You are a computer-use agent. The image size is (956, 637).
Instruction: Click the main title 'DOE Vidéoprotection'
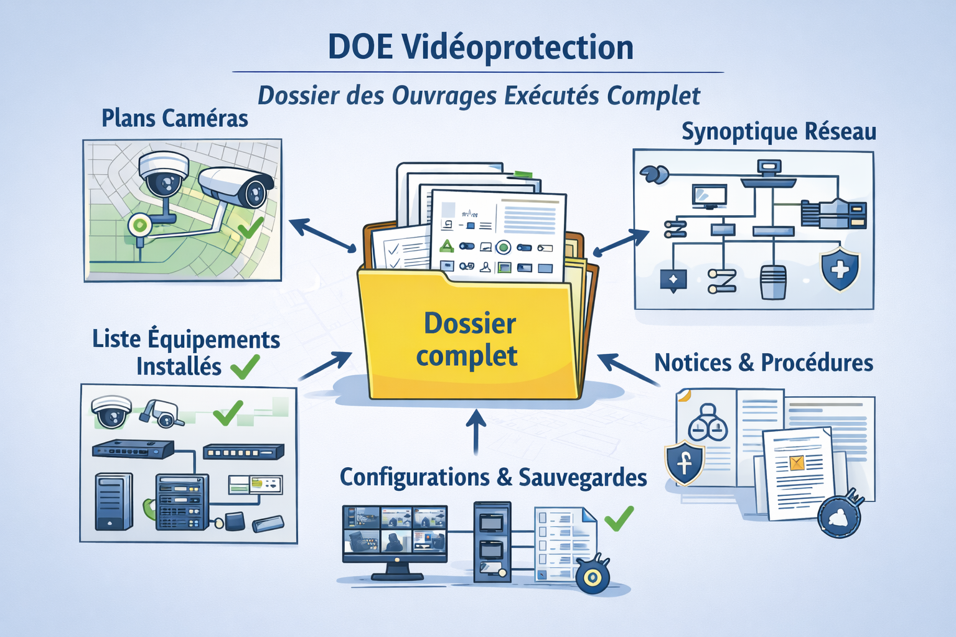coord(480,47)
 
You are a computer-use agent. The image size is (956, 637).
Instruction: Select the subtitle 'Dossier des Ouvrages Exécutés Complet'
coord(479,96)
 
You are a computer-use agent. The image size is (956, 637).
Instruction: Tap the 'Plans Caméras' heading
coord(175,118)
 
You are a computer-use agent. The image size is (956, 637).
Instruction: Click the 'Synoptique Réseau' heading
coord(779,132)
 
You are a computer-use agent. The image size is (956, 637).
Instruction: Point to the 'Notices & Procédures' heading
coord(764,363)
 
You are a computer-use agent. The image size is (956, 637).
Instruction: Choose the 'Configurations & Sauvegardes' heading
coord(493,478)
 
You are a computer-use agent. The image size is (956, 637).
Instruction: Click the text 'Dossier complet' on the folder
coord(469,340)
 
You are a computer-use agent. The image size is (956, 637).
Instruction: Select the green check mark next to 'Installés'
coord(245,366)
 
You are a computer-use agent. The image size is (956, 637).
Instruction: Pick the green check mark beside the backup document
coord(619,518)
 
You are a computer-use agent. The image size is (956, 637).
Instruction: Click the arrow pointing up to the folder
coord(476,432)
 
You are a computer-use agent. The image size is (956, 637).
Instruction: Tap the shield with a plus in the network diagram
coord(840,269)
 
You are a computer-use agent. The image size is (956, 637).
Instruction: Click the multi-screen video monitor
coord(395,535)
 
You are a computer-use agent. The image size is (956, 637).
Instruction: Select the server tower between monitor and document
coord(492,541)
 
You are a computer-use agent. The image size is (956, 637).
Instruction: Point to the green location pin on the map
coord(140,225)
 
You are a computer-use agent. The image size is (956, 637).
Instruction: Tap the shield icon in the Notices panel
coord(684,463)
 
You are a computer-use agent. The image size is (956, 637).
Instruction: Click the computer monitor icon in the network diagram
coord(710,197)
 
